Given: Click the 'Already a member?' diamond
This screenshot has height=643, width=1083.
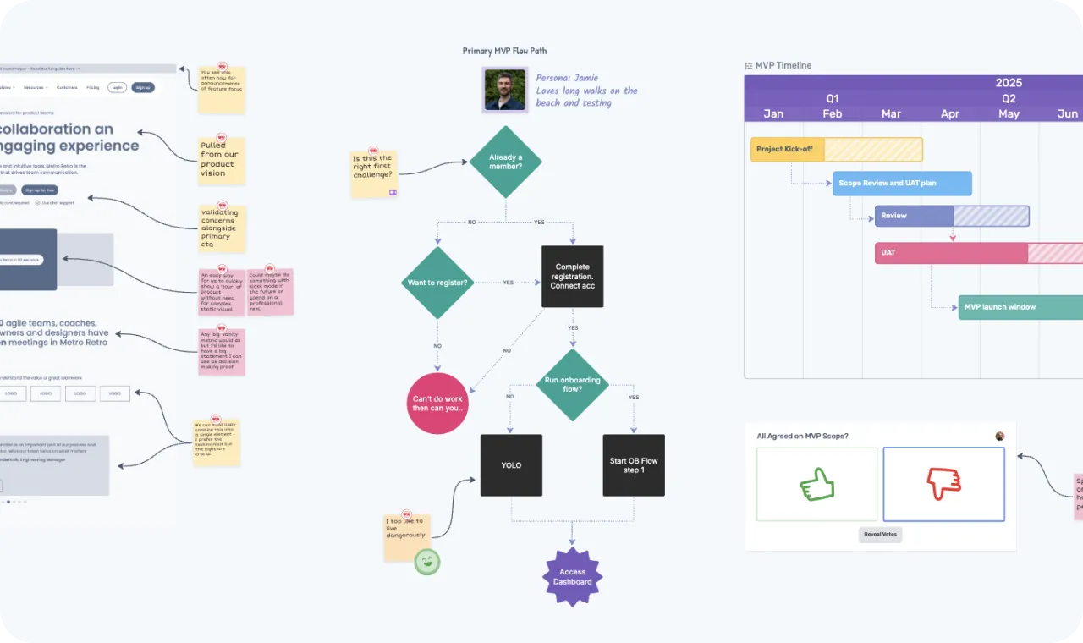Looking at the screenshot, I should point(505,162).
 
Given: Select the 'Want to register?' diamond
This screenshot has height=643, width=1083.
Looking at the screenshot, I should point(437,283).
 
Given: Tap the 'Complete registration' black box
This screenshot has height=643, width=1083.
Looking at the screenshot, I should point(572,277).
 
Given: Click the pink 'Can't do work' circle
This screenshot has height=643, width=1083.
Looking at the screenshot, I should point(437,404).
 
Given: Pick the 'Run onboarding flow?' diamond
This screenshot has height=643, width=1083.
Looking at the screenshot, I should point(573,385).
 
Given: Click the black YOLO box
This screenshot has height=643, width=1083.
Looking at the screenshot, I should point(511,465).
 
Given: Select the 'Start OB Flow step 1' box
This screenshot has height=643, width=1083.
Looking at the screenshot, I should point(634,465).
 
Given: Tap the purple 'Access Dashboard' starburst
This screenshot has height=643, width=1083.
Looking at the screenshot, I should point(573,577).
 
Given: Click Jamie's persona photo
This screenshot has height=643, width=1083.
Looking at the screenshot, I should point(505,91).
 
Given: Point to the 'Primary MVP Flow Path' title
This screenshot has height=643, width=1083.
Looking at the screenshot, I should point(504,52).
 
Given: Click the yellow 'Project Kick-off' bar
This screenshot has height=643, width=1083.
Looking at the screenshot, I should point(787,150).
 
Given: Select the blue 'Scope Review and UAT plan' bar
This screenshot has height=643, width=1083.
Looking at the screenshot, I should point(902,184).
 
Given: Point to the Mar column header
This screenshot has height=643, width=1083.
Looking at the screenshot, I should point(891,113).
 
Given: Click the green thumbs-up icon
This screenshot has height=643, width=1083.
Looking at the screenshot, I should point(816,485).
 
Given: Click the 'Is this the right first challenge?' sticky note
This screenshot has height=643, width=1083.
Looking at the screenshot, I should point(374,173).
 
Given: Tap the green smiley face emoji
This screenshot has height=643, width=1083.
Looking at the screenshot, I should point(427,562).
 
